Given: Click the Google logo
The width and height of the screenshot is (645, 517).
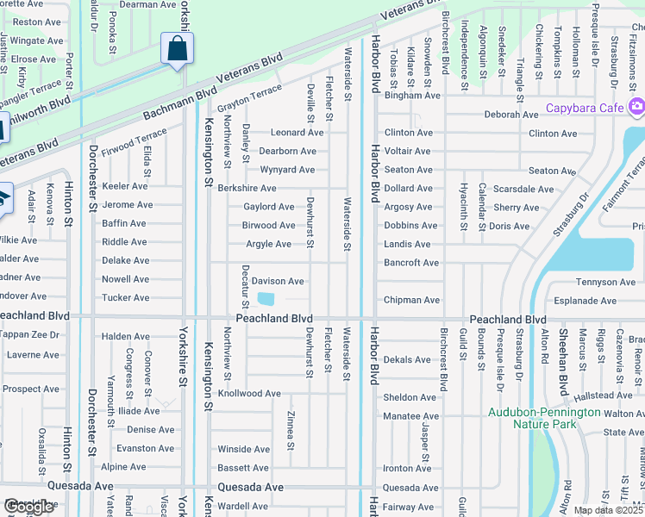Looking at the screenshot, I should pos(29,507).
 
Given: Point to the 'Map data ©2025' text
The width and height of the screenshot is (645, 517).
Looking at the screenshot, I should pos(608,510).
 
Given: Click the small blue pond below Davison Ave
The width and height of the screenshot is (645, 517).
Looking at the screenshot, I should pos(266,299).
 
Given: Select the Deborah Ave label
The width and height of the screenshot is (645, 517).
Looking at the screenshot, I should pos(510,115).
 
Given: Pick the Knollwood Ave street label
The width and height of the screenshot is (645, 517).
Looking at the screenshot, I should pos(249,394).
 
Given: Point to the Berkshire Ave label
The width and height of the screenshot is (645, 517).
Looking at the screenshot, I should pos(247,188).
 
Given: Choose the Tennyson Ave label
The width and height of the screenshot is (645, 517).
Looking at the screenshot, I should pos(605,282).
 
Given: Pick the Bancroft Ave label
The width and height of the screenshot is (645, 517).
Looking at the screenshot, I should pos(411,263).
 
